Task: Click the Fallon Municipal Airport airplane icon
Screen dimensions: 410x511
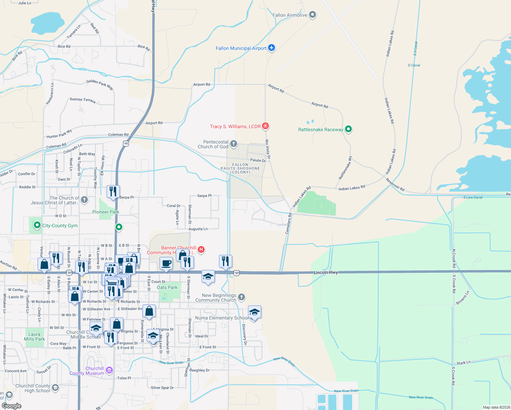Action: (x=272, y=48)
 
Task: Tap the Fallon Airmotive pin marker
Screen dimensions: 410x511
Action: (x=312, y=15)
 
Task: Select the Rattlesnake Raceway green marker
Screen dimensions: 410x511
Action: (x=348, y=129)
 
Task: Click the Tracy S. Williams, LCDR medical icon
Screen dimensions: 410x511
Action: (x=265, y=126)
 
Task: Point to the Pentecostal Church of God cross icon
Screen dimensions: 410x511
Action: (x=234, y=143)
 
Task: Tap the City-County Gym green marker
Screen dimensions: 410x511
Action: (x=37, y=225)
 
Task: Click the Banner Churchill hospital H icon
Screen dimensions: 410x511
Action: (x=201, y=249)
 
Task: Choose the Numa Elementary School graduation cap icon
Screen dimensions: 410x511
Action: (x=254, y=312)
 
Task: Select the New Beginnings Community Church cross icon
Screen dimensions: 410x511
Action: (x=241, y=297)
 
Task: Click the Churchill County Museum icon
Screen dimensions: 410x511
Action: (x=109, y=370)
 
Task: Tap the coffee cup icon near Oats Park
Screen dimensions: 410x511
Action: (x=166, y=263)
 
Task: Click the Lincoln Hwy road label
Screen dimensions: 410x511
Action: (x=326, y=272)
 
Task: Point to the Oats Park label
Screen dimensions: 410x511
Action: (x=167, y=287)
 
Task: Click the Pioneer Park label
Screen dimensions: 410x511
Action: (x=106, y=212)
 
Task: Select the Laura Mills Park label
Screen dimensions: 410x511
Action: (x=34, y=337)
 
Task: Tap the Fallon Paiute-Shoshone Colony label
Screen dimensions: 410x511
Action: (x=240, y=168)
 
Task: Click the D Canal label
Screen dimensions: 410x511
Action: (x=414, y=65)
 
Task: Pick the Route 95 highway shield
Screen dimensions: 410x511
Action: (x=126, y=143)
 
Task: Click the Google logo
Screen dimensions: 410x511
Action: (x=11, y=406)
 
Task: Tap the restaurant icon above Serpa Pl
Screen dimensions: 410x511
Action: (x=113, y=192)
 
